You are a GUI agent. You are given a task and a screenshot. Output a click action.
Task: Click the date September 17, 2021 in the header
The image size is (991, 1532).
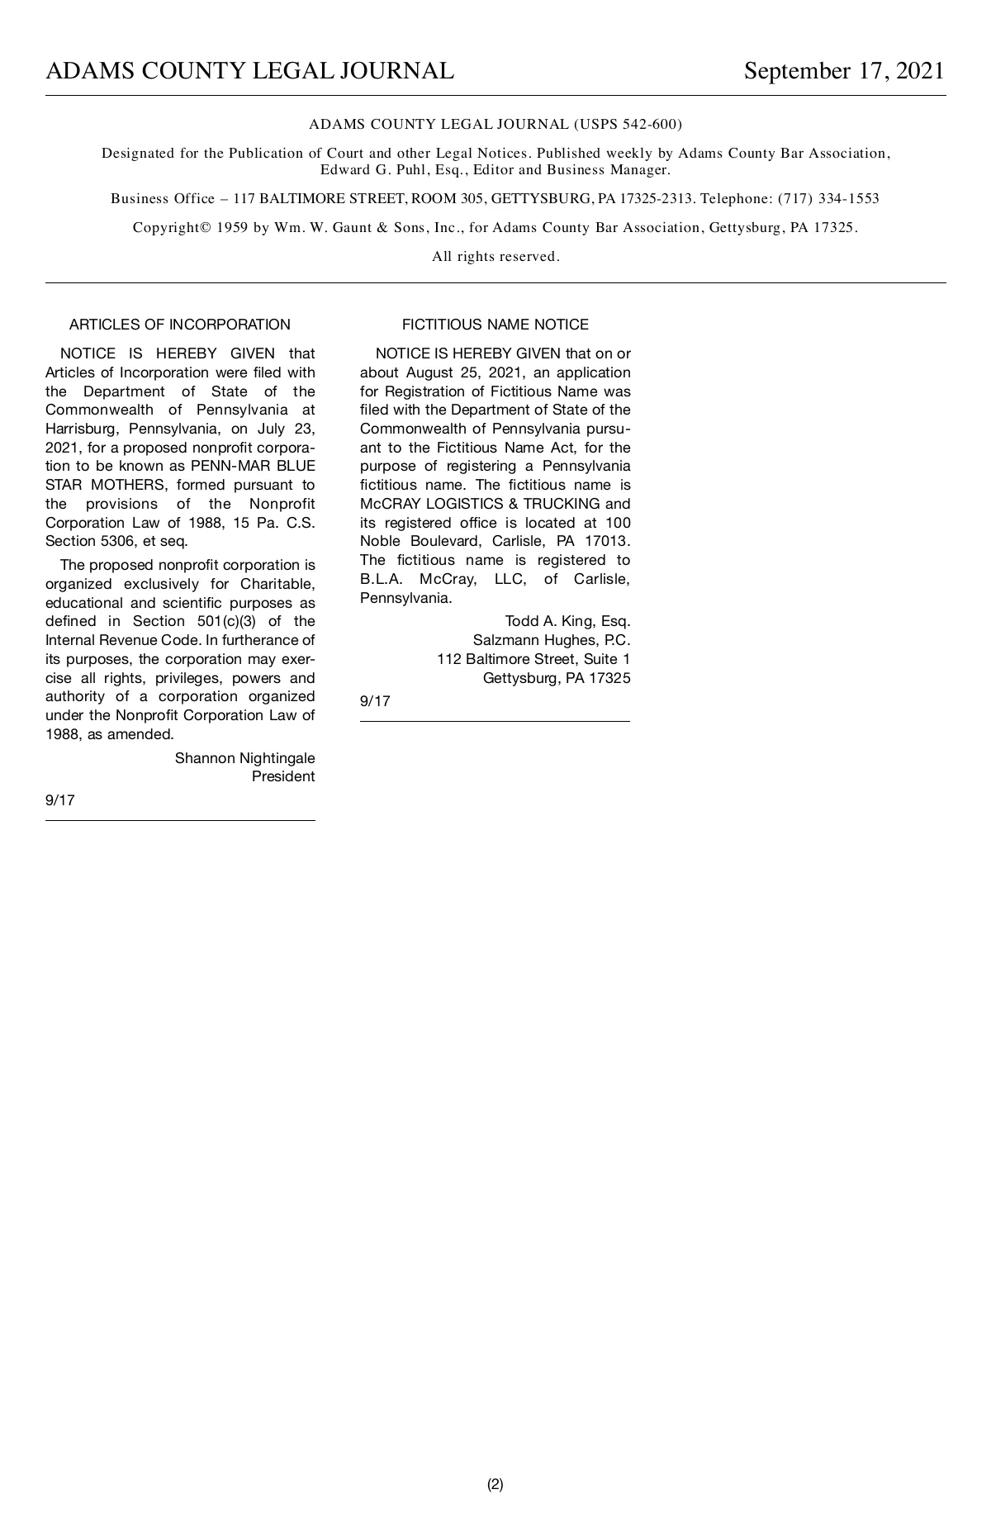[843, 71]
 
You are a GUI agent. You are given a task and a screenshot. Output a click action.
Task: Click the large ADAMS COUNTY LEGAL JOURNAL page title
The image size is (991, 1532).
[249, 71]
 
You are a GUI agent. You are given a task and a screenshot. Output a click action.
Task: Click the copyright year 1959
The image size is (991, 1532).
[232, 228]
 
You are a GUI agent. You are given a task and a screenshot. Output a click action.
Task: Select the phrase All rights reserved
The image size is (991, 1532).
[495, 257]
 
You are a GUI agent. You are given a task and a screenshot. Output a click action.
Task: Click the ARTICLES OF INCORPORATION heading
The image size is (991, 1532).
[180, 325]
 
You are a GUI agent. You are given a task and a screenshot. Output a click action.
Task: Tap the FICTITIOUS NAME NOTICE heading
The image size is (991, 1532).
[495, 325]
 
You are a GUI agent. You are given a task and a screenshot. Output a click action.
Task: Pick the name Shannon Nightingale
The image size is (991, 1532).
[244, 758]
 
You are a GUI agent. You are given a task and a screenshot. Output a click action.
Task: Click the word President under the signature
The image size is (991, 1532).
[283, 776]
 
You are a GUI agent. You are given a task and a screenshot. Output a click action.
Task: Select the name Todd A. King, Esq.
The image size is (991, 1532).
[567, 621]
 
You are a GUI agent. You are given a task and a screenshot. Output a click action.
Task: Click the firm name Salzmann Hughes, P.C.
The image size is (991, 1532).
[551, 640]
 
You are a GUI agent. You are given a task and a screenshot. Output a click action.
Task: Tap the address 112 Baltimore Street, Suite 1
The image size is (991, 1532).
[533, 659]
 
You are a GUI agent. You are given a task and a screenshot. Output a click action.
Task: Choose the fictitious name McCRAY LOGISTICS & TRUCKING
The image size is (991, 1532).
[480, 504]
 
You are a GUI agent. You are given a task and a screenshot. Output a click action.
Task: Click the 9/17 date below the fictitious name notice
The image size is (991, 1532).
[375, 701]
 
